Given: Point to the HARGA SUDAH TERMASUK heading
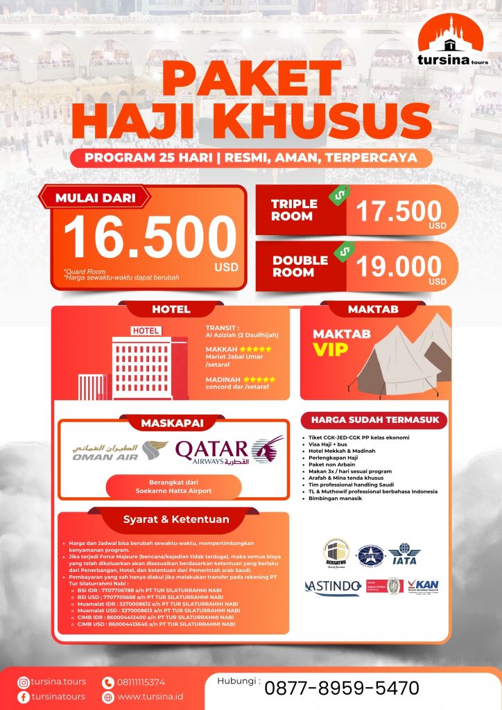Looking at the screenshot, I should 374,420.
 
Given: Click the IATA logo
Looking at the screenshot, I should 403,555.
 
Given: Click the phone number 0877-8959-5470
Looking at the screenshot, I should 342,688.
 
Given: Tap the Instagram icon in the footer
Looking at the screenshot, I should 24,682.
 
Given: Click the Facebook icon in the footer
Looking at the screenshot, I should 24,697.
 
